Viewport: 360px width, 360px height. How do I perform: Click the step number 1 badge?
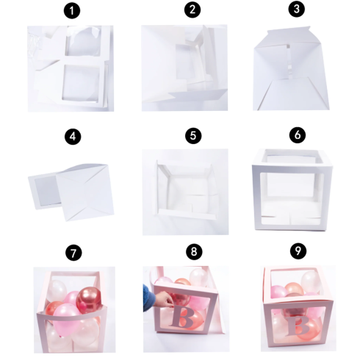71,11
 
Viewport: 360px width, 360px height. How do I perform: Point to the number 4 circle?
71,137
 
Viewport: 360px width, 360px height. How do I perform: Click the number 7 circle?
71,253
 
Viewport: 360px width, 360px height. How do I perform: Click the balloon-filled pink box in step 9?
294,309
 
